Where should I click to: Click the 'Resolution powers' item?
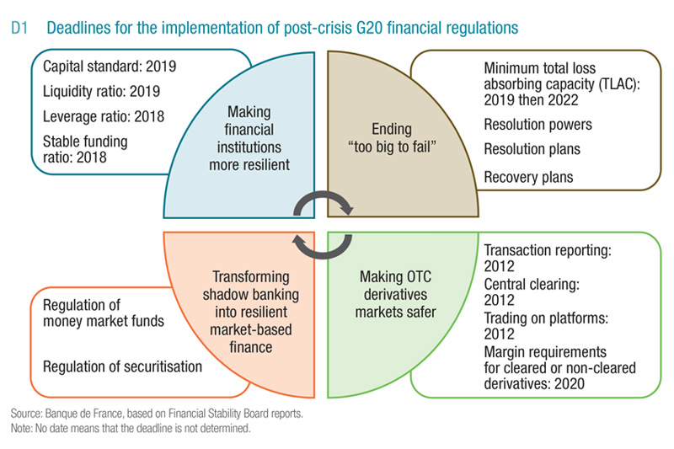pos(538,125)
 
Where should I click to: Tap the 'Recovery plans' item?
pos(529,177)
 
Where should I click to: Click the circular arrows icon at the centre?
pos(324,222)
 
